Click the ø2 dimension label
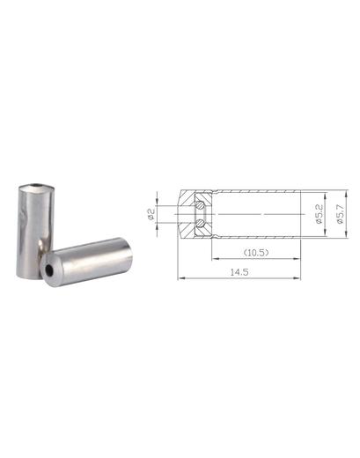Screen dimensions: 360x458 (x=151, y=214)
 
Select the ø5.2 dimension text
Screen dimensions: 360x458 (x=320, y=214)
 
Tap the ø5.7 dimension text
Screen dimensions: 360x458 (x=340, y=214)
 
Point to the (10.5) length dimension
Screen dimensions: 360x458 (x=256, y=253)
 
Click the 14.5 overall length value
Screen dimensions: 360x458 (x=239, y=272)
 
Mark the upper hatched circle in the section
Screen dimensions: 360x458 (x=201, y=205)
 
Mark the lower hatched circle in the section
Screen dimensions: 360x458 (x=201, y=224)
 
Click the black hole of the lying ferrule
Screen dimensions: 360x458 (x=49, y=270)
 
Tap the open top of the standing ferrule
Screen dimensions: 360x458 (x=37, y=187)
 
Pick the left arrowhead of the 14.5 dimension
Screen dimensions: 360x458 (x=181, y=277)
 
